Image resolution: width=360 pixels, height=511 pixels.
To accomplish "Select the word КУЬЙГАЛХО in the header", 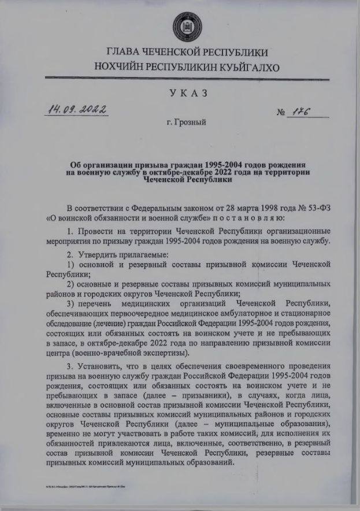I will (x=249, y=68).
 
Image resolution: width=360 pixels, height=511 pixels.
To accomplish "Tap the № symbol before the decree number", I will (x=283, y=113).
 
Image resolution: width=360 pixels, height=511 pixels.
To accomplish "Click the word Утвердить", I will (x=96, y=254).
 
